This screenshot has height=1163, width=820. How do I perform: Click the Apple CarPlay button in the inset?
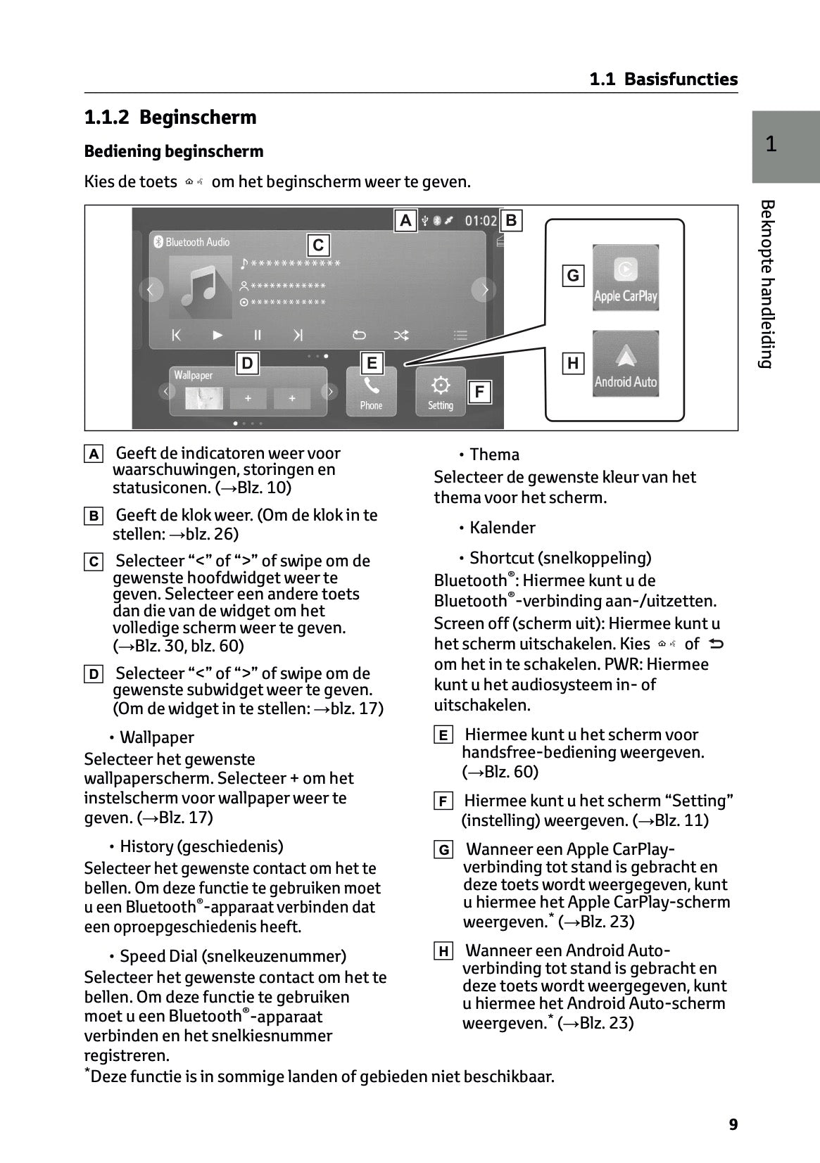click(625, 278)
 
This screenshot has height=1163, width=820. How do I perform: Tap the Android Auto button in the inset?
click(625, 364)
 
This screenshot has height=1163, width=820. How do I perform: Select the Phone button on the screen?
click(371, 391)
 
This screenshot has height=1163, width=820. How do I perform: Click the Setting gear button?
click(441, 391)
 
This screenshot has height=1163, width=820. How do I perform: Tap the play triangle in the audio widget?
click(217, 335)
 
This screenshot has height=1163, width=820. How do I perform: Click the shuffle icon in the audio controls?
click(401, 335)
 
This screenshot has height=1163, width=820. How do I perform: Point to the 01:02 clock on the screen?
click(481, 221)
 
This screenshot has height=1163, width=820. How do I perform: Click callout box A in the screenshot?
click(405, 221)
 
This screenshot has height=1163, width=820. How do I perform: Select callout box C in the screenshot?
click(318, 245)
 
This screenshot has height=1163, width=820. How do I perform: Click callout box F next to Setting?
click(479, 392)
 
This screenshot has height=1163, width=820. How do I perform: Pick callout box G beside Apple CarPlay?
click(573, 275)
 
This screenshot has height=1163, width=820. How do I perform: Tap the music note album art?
click(201, 287)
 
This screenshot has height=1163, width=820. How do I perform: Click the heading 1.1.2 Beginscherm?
click(170, 117)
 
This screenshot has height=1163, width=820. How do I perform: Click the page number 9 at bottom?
click(733, 1124)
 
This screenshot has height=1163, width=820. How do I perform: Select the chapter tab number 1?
click(771, 144)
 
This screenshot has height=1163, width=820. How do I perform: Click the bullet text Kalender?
click(502, 528)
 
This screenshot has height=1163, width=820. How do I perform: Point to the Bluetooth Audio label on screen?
click(197, 242)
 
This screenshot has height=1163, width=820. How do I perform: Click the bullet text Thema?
click(494, 455)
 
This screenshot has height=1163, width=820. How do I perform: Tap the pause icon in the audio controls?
click(258, 335)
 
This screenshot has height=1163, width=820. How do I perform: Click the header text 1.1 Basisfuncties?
click(663, 80)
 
